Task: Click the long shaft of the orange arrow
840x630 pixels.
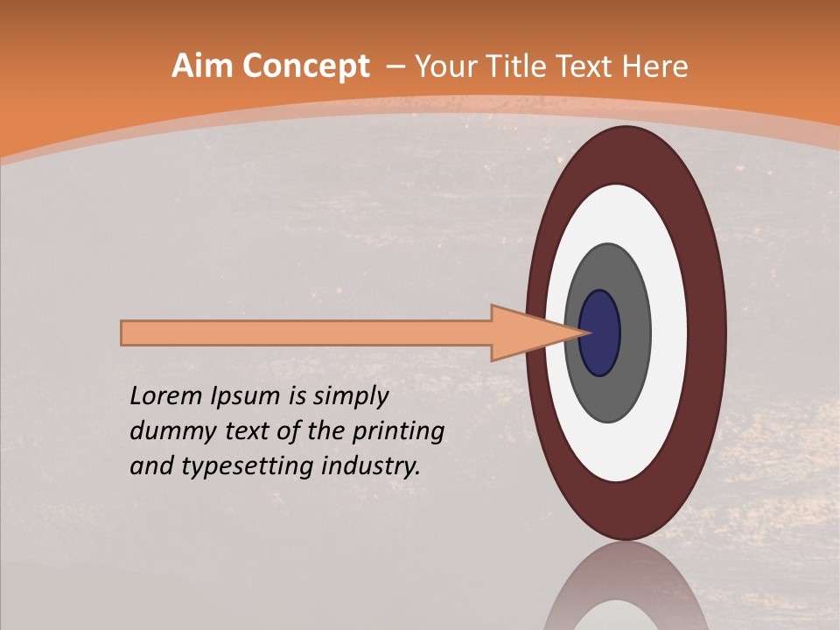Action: [306, 332]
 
